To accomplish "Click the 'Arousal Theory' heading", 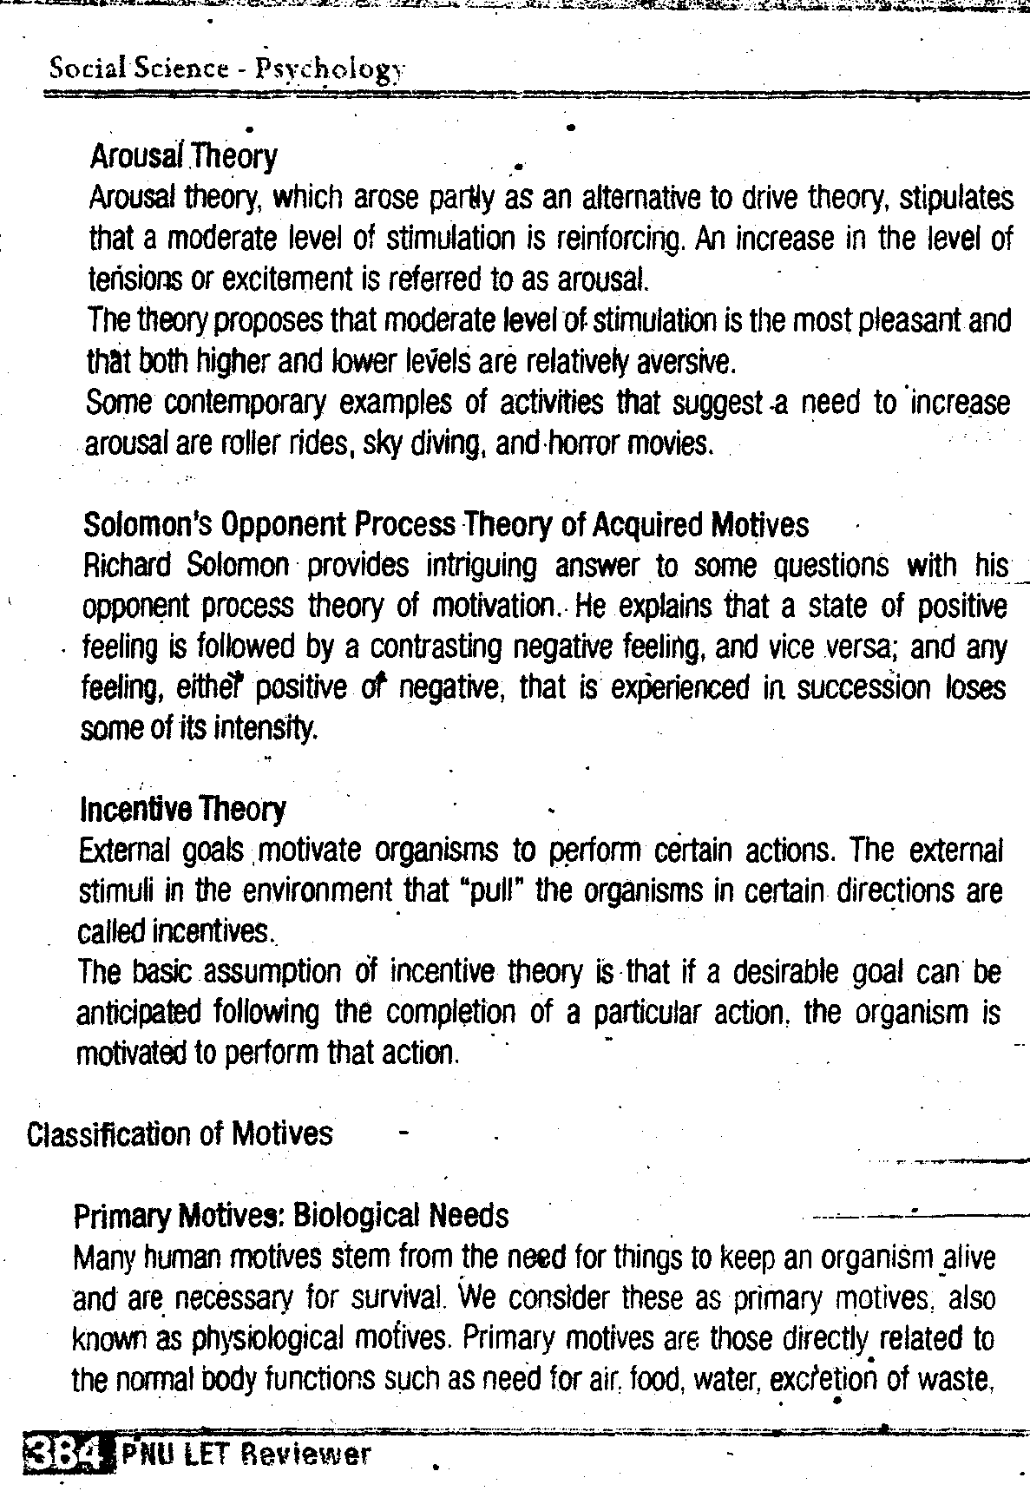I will pos(183,157).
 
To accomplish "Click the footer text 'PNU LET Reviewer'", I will pos(246,1455).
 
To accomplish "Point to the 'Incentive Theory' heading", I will pos(182,810).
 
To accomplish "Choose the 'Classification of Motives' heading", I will pos(180,1134).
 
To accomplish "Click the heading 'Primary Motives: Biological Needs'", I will pos(292,1216).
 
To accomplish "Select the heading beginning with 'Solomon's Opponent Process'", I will pos(445,525).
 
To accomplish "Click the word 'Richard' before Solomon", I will pos(127,566).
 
